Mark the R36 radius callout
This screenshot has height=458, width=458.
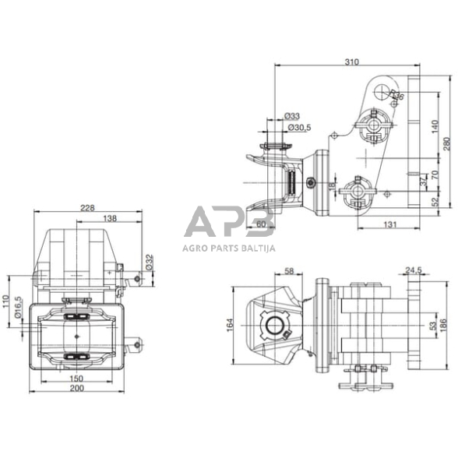pyautogui.click(x=398, y=96)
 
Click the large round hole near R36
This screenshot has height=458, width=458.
pyautogui.click(x=381, y=91)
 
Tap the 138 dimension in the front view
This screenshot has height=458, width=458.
pyautogui.click(x=110, y=219)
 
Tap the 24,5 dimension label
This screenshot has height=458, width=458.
pyautogui.click(x=413, y=271)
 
